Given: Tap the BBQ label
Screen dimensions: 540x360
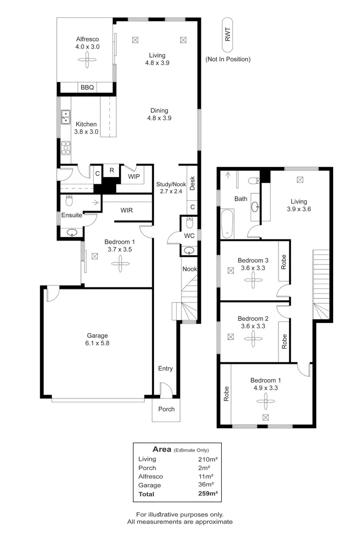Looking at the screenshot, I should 87,87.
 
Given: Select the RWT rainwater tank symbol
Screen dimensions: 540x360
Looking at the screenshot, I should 228,35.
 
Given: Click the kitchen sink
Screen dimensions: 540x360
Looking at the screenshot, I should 66,117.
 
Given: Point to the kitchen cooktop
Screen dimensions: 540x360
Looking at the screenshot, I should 66,147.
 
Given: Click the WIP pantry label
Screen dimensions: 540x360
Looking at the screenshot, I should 134,177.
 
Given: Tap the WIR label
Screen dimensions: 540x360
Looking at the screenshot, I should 127,210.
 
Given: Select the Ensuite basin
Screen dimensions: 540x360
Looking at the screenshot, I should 72,233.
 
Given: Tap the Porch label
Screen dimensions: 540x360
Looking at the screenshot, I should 166,409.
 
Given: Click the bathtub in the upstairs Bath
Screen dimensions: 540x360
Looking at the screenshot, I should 228,223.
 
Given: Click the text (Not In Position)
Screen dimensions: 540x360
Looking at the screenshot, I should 228,60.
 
